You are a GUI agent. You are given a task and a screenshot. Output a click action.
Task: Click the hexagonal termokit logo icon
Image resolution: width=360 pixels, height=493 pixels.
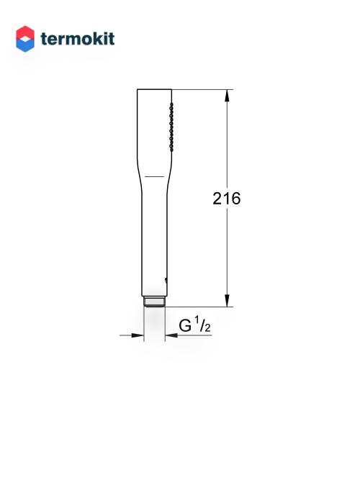[x=25, y=39]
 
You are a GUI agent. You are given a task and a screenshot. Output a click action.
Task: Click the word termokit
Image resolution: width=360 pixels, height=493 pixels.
[x=78, y=39]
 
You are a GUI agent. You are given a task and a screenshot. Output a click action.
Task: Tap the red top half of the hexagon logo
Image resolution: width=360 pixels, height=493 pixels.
[x=25, y=32]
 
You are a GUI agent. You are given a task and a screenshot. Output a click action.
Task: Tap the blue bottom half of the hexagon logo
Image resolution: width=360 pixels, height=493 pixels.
[x=25, y=45]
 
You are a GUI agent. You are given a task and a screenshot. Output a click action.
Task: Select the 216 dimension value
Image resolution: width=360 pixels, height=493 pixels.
[x=226, y=199]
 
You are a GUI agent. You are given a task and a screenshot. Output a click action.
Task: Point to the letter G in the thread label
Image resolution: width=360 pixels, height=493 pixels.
[x=185, y=326]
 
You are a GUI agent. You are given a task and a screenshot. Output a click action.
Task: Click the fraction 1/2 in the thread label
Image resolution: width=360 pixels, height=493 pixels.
[x=202, y=325]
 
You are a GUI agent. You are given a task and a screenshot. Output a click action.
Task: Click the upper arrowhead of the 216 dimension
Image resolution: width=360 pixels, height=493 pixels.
[x=227, y=96]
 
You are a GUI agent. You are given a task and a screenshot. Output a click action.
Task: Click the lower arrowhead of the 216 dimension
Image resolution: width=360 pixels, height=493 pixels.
[x=227, y=301]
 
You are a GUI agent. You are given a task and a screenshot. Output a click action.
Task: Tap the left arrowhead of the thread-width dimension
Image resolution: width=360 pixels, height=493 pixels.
[x=138, y=335]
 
